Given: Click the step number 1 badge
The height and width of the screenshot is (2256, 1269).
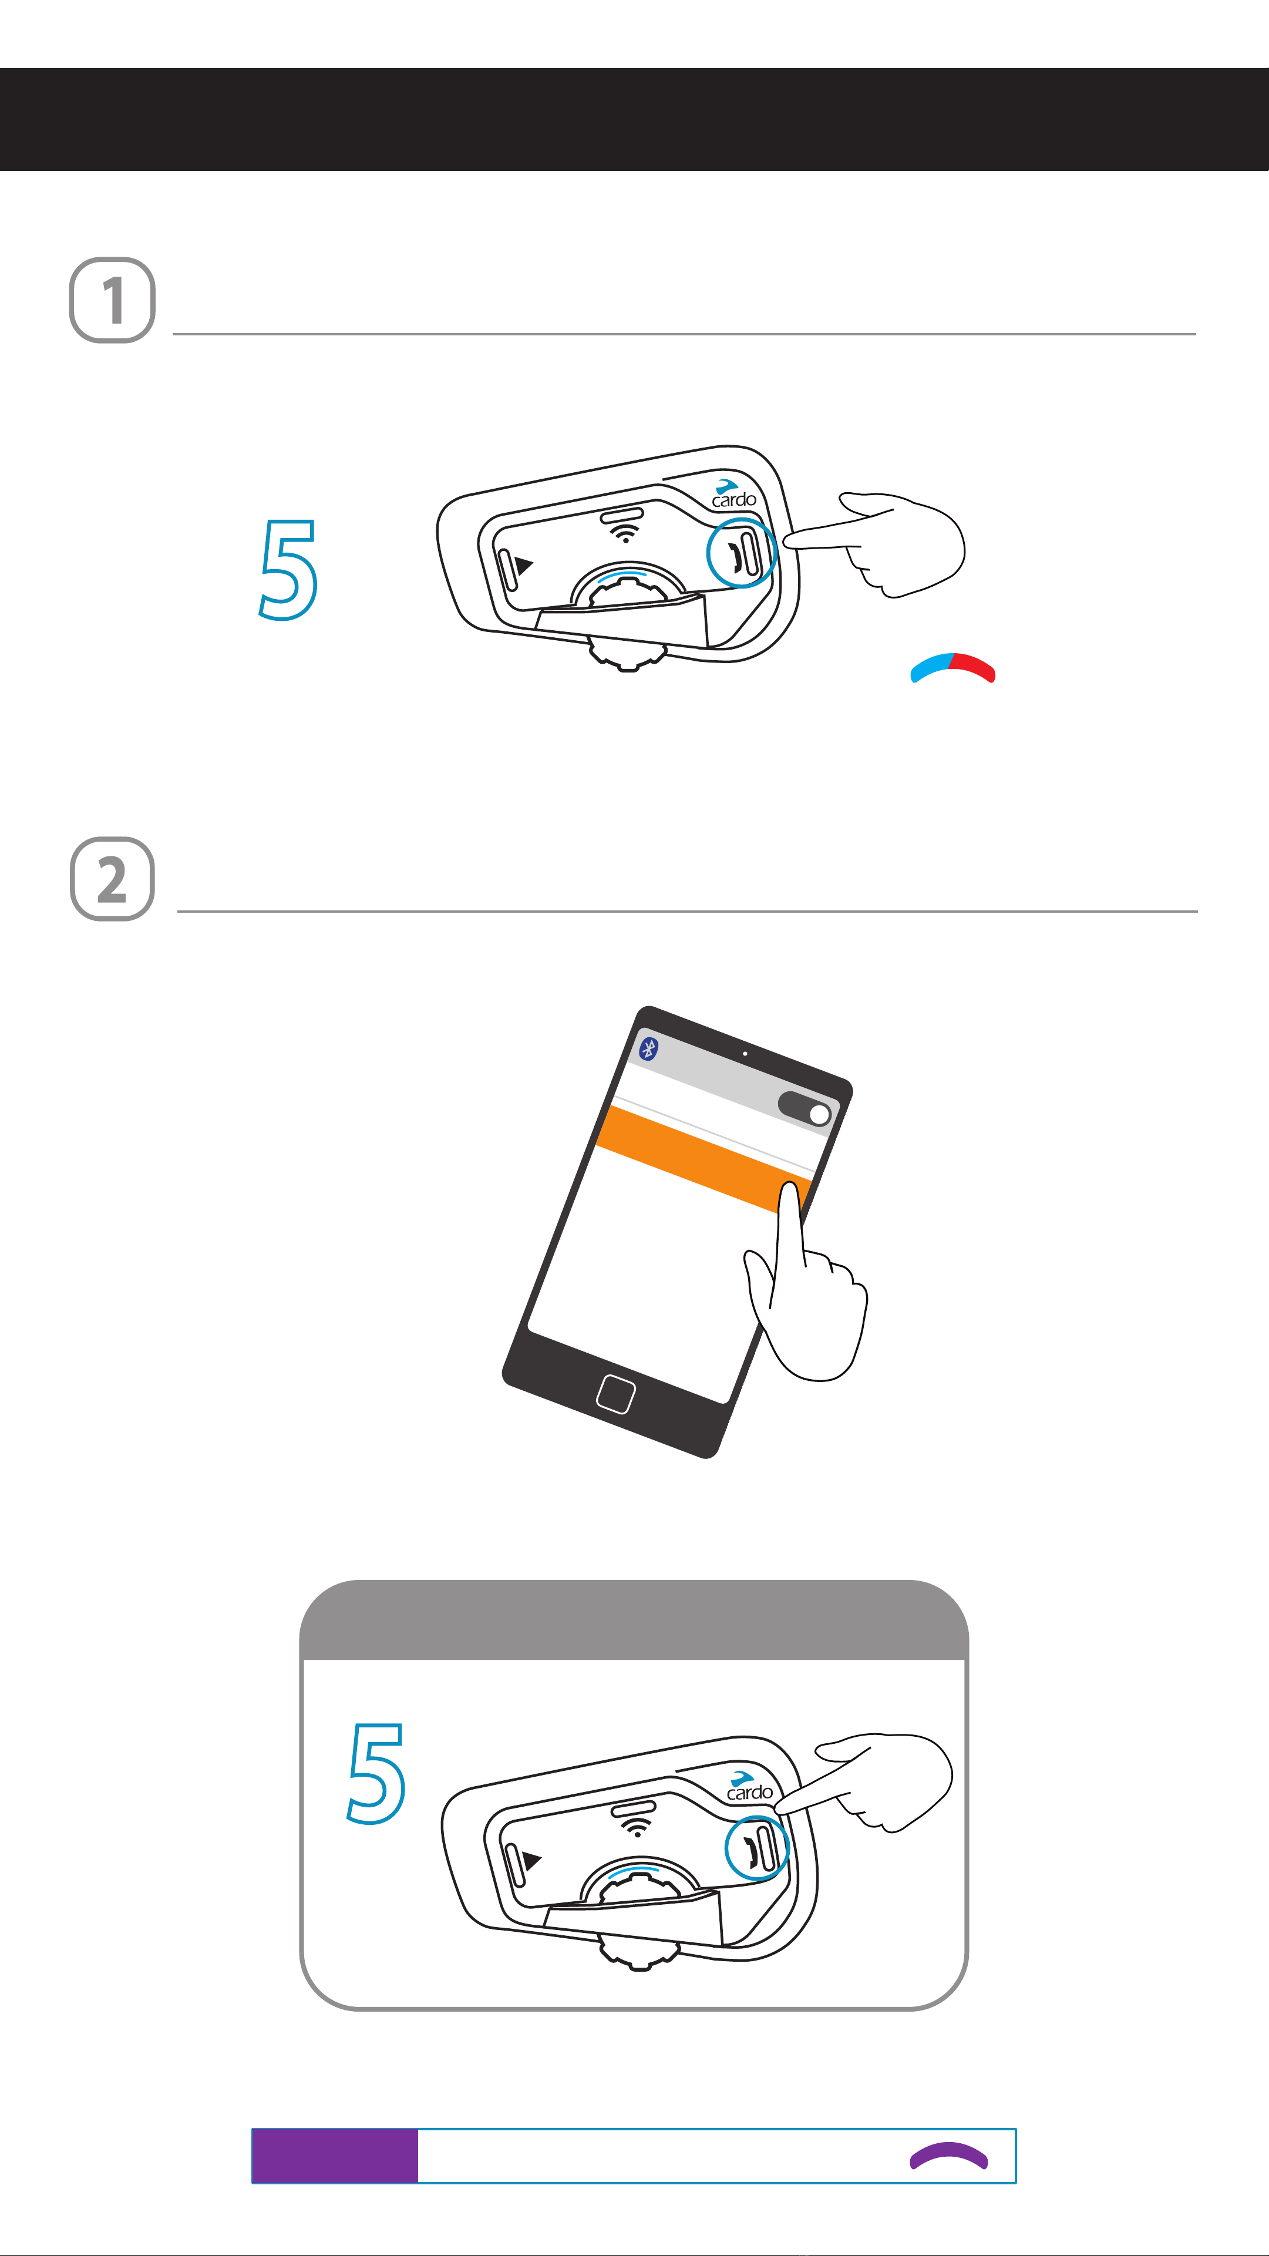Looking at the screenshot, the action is click(112, 300).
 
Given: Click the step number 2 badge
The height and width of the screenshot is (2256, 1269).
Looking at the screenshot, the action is click(112, 879).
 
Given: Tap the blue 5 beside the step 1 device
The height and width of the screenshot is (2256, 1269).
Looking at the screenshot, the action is click(288, 569).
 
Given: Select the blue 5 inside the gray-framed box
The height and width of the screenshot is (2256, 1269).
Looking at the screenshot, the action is click(376, 1773).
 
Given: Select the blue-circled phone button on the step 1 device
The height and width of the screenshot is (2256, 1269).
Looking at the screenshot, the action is click(742, 553).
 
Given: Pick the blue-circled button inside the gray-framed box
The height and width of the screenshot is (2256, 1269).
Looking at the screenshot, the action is click(758, 1847).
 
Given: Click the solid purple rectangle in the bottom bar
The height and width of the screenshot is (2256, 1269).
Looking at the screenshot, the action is click(335, 2156).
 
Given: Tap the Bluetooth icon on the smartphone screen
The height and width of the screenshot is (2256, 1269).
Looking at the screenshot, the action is click(649, 1048).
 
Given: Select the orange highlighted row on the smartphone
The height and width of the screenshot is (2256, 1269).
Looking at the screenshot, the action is click(703, 1159).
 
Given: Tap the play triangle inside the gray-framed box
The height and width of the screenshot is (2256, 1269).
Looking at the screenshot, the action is click(531, 1860).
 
